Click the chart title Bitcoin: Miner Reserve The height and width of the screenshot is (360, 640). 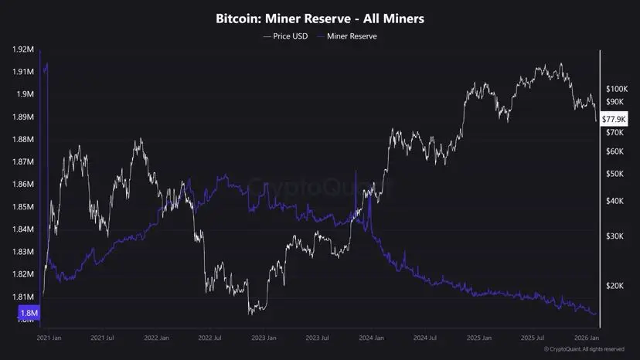(x=320, y=18)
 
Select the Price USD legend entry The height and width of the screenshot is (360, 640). (x=285, y=36)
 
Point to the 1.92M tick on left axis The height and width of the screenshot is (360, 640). (x=23, y=49)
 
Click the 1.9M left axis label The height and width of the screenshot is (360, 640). (x=25, y=94)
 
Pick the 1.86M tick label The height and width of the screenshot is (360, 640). (x=23, y=185)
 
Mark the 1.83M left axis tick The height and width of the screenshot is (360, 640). (x=23, y=252)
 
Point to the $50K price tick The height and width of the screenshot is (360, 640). (x=614, y=174)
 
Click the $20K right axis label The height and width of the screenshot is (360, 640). (x=614, y=286)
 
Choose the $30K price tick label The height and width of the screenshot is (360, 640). (x=614, y=236)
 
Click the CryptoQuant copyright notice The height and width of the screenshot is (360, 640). (x=584, y=350)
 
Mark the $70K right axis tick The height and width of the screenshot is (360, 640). (x=614, y=133)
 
